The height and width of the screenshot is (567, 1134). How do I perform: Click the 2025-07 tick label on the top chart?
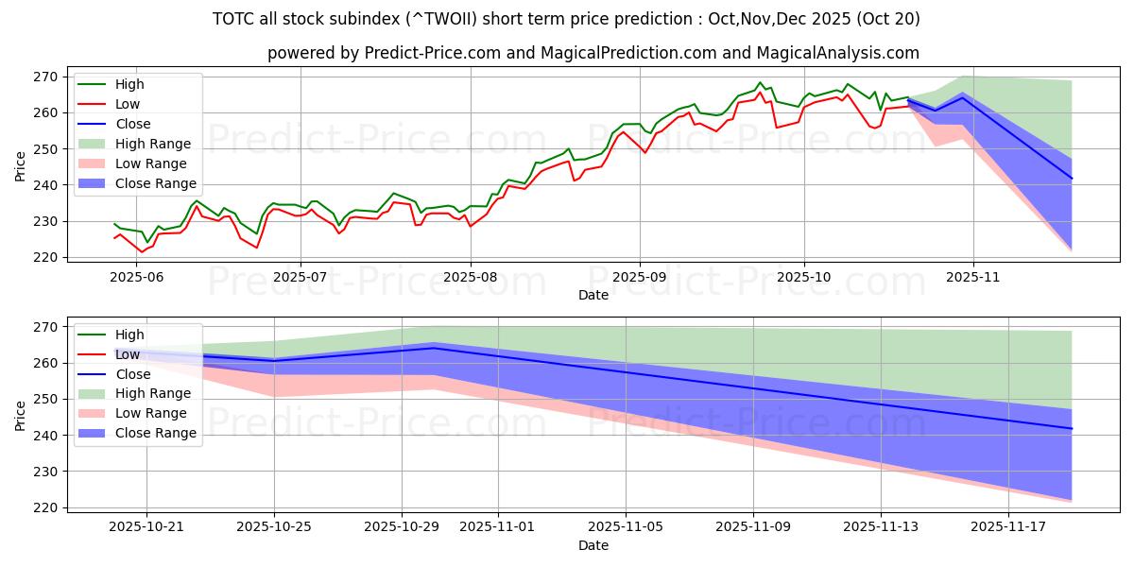click(x=301, y=277)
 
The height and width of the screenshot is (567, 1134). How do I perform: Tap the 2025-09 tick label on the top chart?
click(x=640, y=277)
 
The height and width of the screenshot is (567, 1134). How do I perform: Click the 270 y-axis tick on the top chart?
click(x=47, y=77)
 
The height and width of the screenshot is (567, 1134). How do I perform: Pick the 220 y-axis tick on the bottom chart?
click(x=47, y=507)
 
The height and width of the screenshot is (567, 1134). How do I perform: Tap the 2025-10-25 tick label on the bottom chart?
click(x=274, y=527)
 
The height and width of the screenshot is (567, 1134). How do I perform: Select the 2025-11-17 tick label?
click(x=1009, y=527)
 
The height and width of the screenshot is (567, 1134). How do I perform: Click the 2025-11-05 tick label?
click(x=626, y=527)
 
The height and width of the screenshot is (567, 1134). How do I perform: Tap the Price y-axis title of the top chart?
click(x=21, y=166)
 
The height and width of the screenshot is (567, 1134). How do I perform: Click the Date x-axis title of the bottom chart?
click(x=593, y=545)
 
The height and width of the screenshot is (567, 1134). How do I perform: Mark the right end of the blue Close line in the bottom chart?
click(x=1072, y=429)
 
